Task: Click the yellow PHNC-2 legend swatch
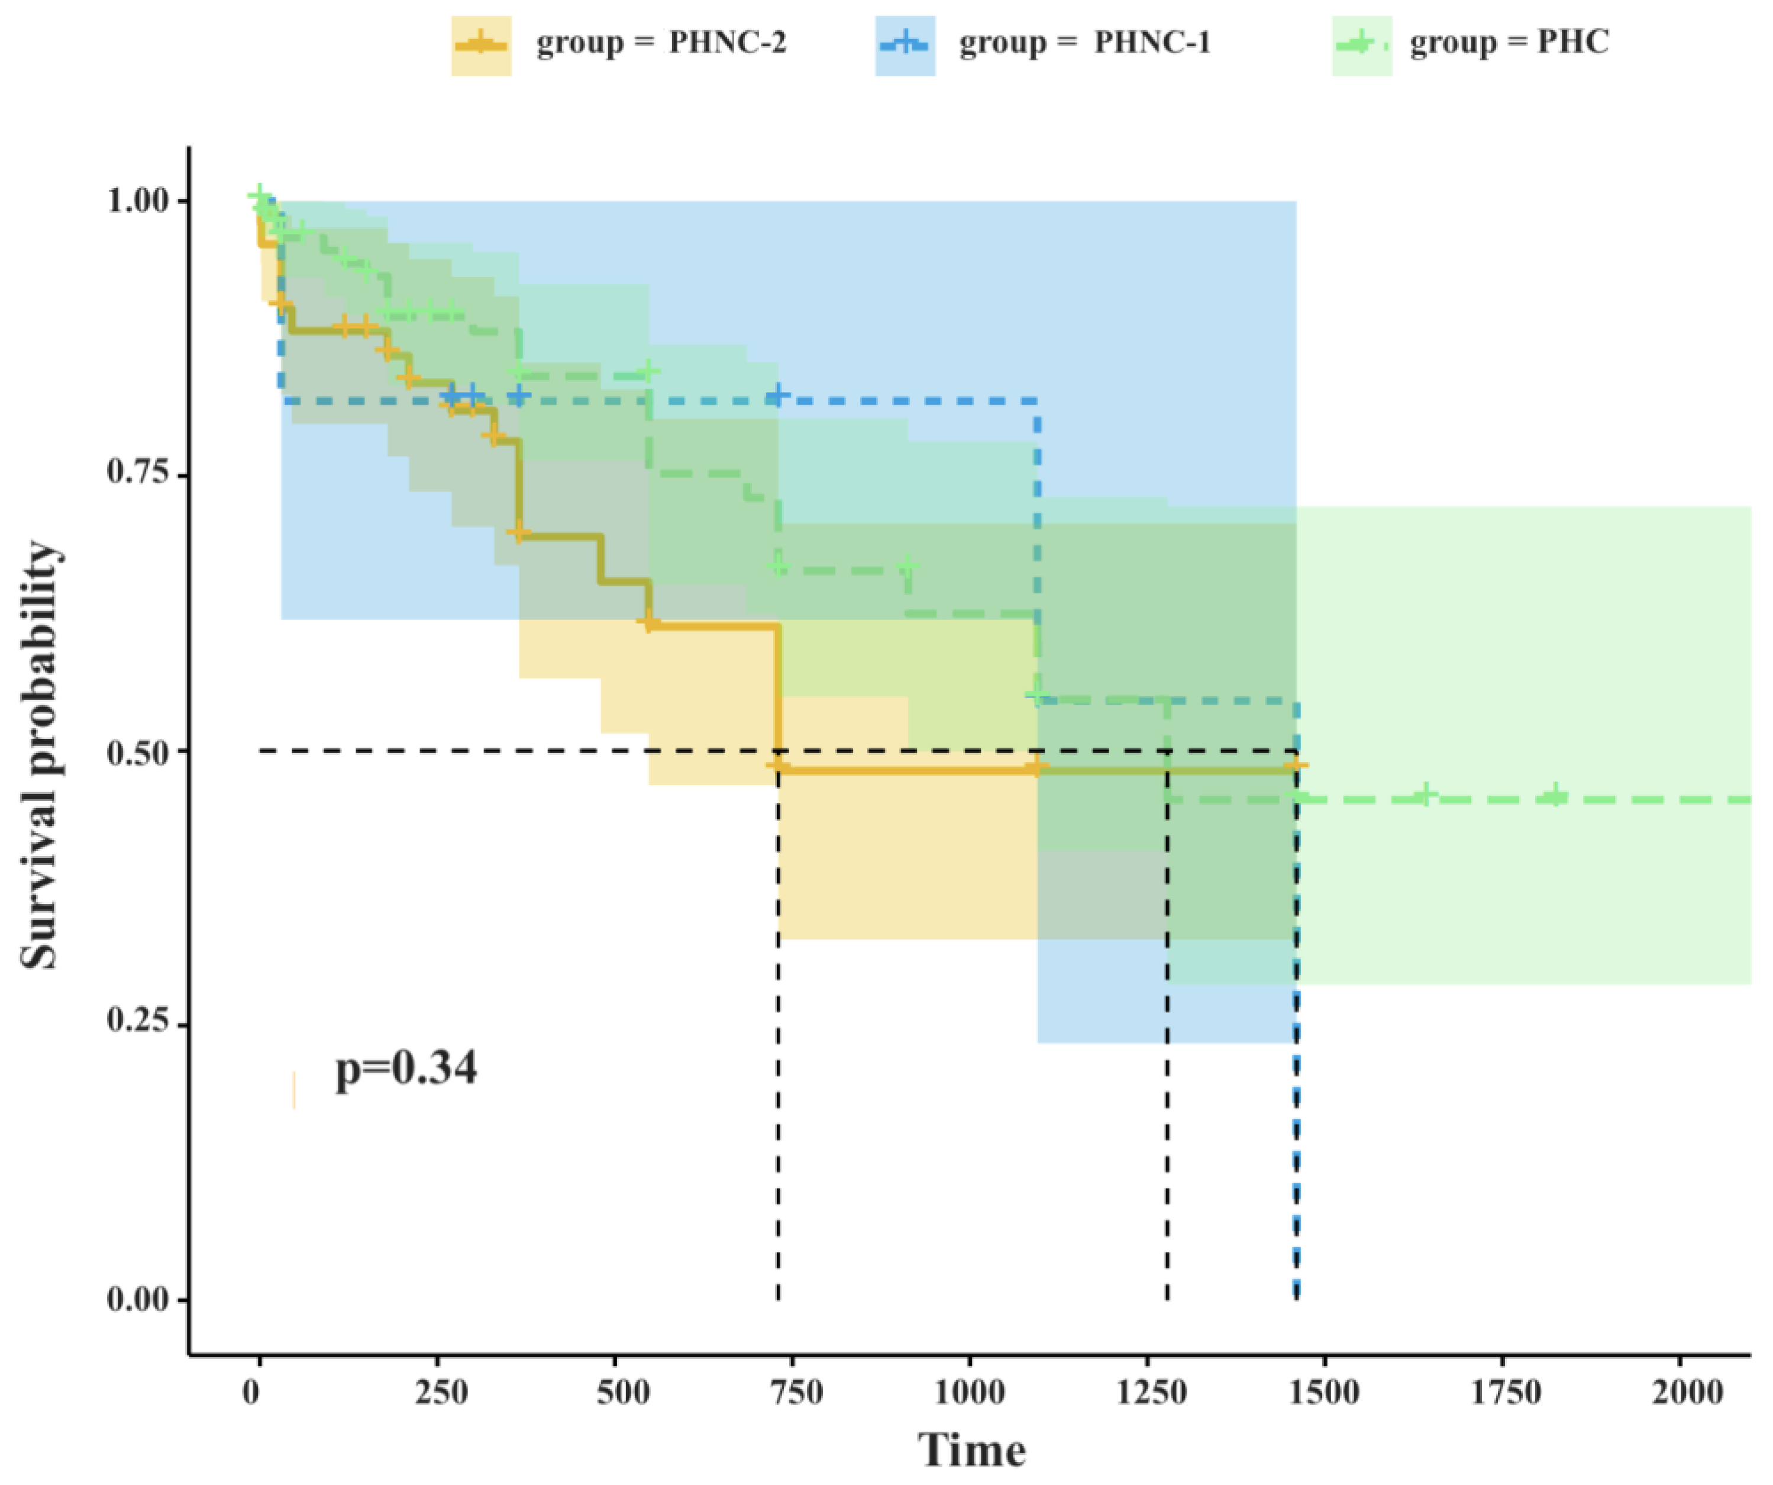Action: point(480,46)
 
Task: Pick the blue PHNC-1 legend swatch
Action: point(904,46)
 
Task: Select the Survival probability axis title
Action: point(41,756)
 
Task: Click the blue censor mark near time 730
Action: point(779,395)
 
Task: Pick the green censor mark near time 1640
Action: point(1425,795)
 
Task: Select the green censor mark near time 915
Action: point(908,566)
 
